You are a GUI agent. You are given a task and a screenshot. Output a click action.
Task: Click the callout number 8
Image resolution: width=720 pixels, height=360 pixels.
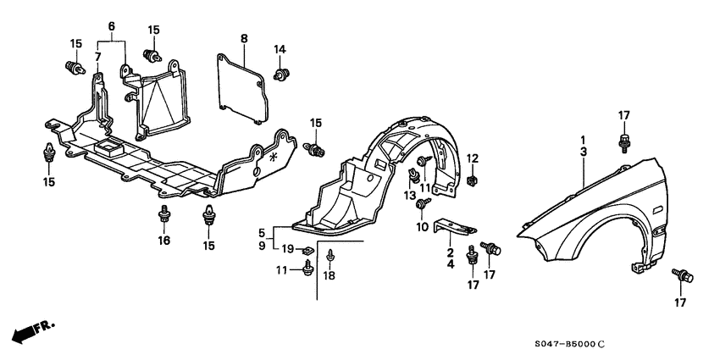[244, 39]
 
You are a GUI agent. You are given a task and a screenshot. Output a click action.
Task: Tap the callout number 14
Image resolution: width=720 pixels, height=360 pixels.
[280, 49]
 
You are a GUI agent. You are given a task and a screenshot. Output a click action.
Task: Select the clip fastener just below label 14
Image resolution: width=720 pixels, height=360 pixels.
[282, 76]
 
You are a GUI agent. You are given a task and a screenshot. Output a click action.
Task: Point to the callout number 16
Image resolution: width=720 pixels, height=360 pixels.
[163, 241]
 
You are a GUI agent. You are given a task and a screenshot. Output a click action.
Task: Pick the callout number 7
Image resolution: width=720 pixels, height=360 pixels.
[110, 26]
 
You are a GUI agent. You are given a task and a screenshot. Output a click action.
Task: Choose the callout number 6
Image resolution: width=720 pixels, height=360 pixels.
[97, 57]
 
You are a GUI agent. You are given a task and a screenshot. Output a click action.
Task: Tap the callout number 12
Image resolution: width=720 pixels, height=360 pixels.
[473, 158]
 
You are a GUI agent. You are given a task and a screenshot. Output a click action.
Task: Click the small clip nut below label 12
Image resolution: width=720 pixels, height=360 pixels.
[472, 180]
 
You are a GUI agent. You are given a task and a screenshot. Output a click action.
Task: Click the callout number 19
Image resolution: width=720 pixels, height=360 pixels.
[287, 249]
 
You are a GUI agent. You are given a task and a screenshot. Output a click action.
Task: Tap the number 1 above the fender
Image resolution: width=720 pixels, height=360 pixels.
[583, 138]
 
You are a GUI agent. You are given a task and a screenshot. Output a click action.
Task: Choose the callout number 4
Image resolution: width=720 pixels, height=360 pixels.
[450, 264]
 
